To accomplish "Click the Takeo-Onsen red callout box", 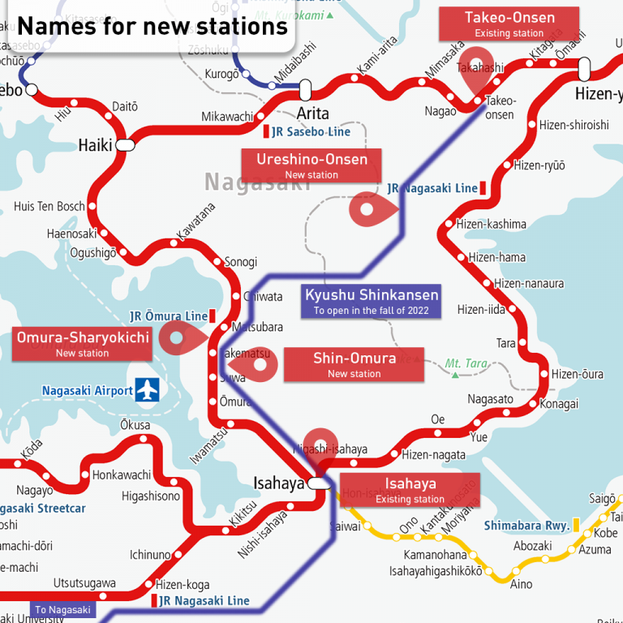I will [x=509, y=24].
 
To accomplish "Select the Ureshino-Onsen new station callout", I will [x=311, y=165].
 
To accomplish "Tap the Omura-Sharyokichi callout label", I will [x=83, y=344].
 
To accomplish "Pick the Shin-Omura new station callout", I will [x=354, y=365].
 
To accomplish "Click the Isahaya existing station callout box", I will [x=410, y=490].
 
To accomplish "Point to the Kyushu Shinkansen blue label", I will [x=371, y=301].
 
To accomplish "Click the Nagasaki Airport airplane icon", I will [x=147, y=390].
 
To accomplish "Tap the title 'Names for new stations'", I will [x=153, y=26].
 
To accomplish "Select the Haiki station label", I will [x=95, y=145].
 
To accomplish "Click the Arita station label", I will [x=312, y=112].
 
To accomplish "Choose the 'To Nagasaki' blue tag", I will [x=63, y=609].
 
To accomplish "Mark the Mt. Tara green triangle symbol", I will [x=455, y=375].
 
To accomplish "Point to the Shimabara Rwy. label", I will [x=527, y=526].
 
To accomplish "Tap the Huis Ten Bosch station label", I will [x=49, y=207].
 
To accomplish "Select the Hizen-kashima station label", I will [x=491, y=224].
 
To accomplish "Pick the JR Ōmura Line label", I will [x=168, y=316].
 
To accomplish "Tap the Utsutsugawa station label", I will [x=84, y=583].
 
